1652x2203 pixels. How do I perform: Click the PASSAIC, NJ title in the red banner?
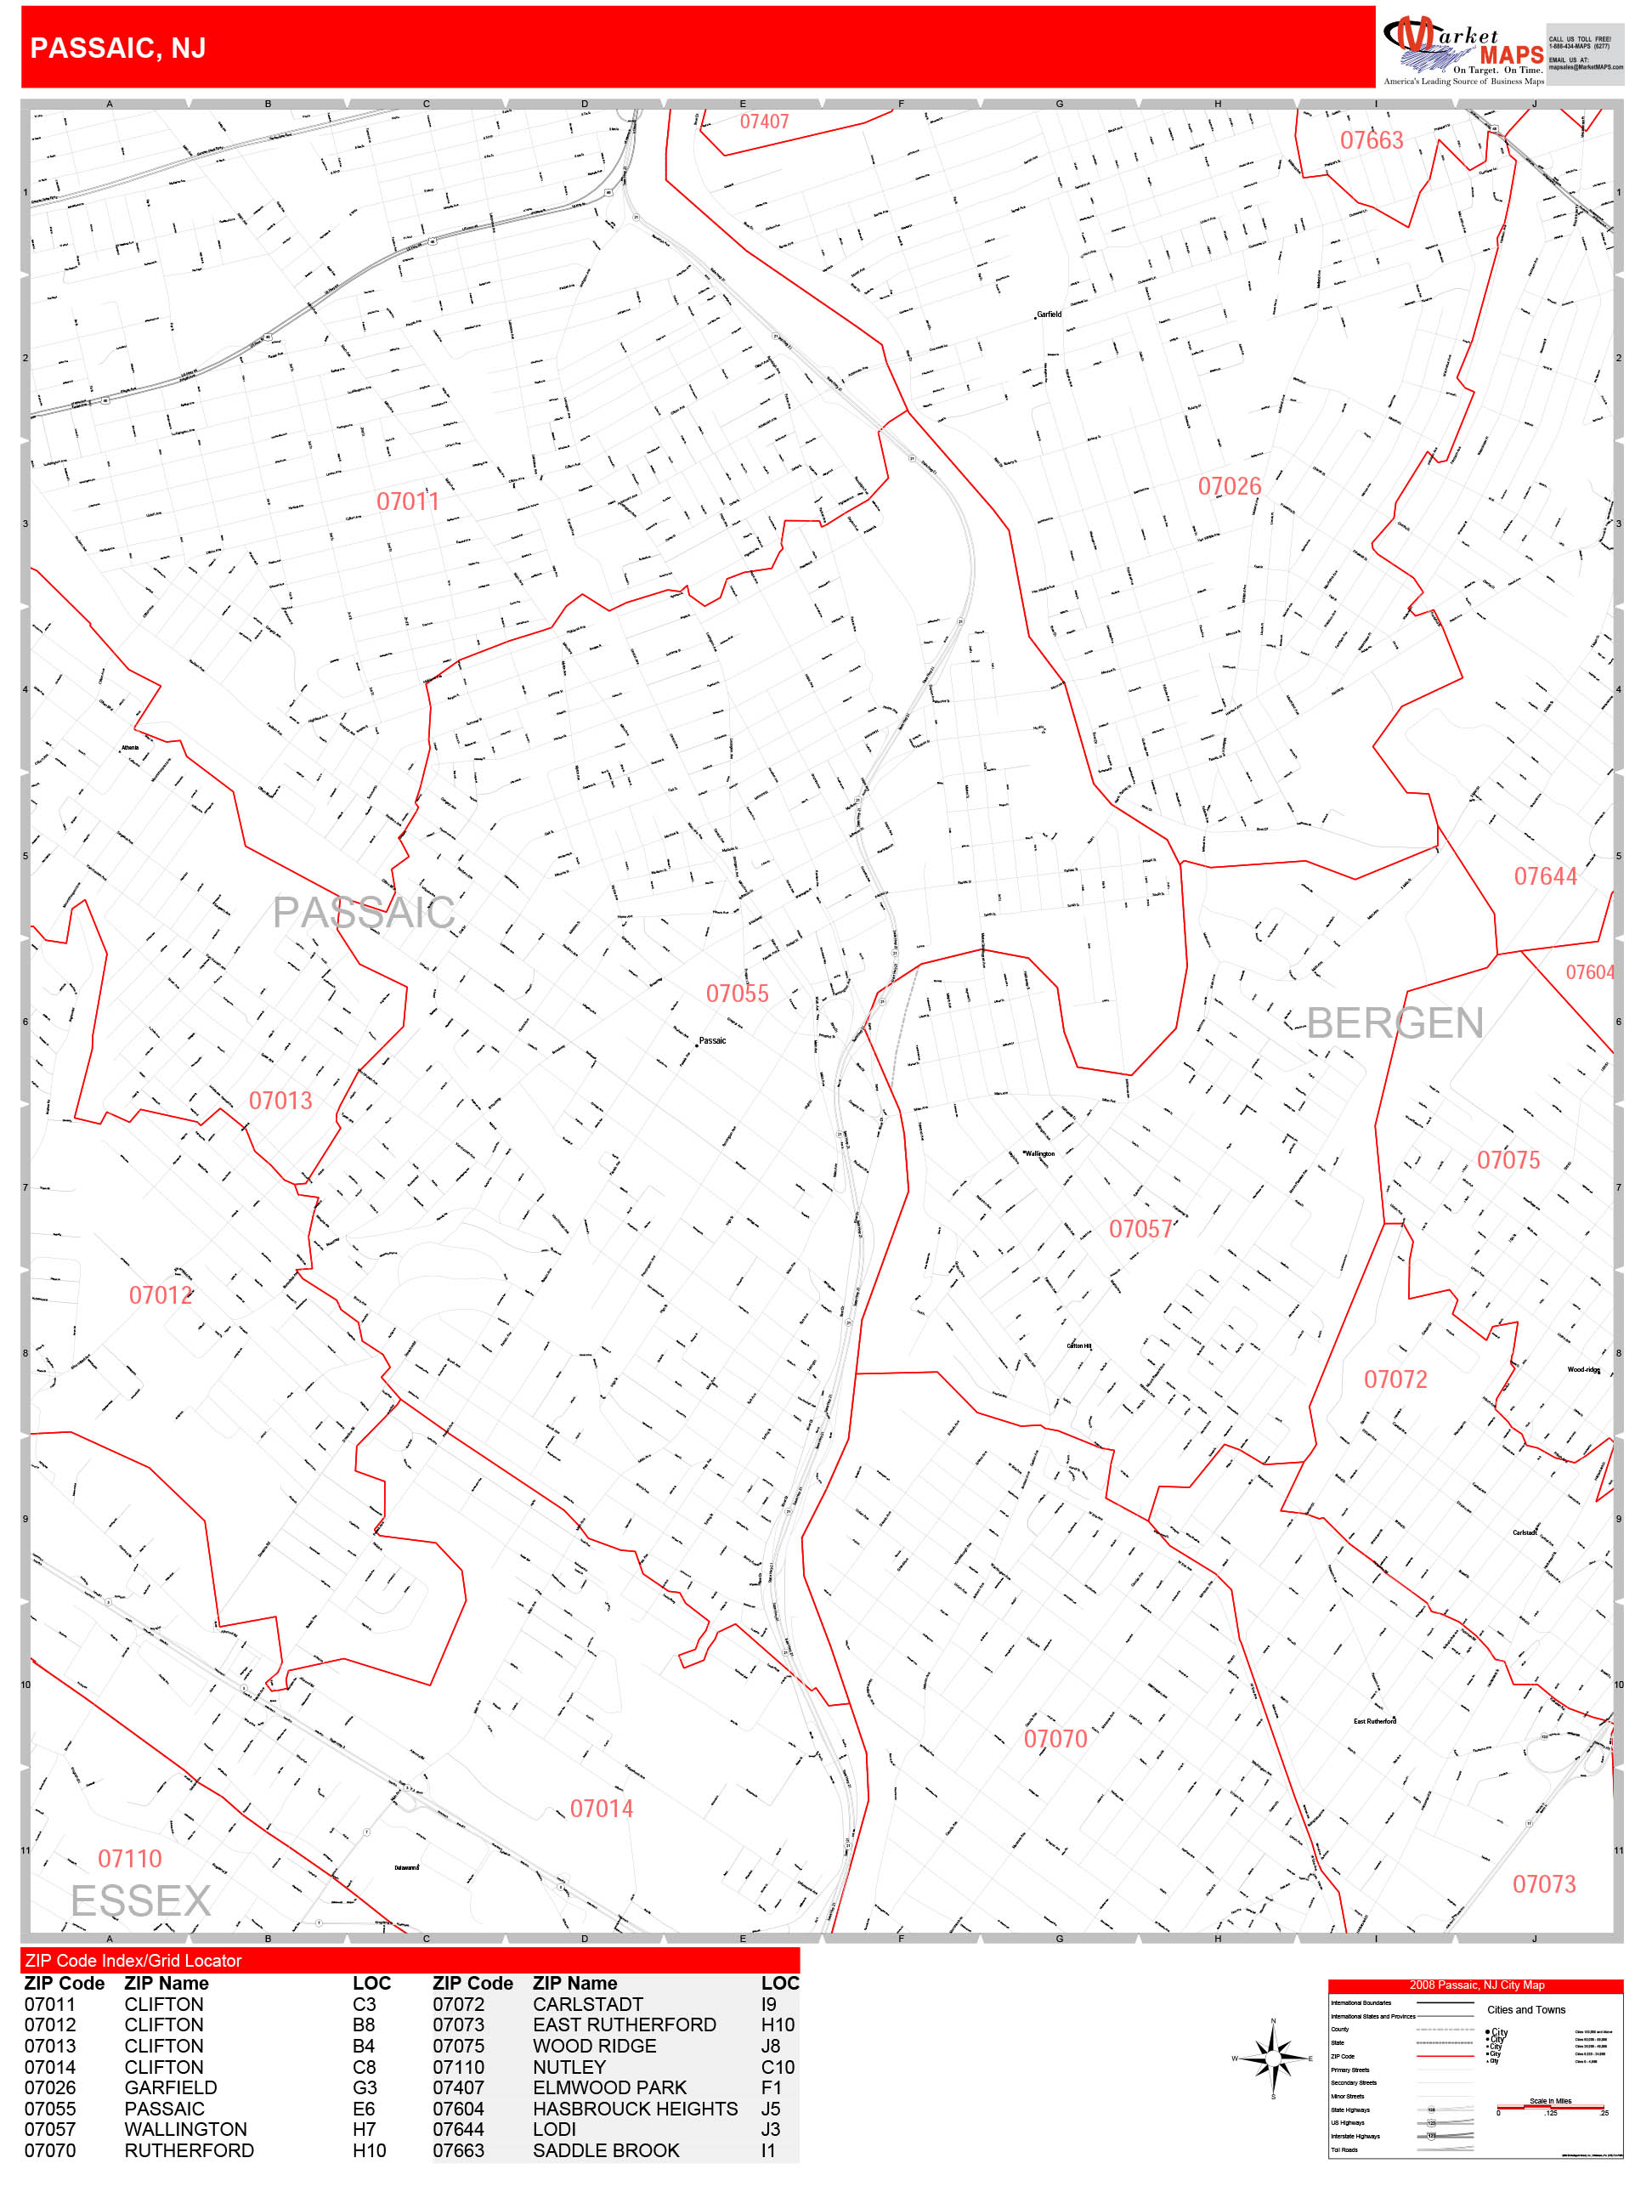pos(117,48)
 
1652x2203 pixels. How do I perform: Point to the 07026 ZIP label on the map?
pos(1229,486)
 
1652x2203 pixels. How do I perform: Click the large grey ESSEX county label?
pos(140,1900)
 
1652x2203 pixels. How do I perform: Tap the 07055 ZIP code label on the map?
pos(737,993)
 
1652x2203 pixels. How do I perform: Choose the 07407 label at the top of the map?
pos(764,122)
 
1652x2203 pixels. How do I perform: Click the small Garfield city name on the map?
pos(1049,314)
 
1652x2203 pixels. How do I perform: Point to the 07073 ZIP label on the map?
pos(1543,1883)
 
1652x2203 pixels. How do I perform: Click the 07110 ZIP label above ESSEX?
pos(129,1859)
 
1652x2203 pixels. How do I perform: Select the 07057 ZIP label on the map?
pos(1140,1229)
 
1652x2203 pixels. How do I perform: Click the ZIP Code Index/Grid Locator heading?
pos(133,1960)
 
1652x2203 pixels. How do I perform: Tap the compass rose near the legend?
pos(1273,2058)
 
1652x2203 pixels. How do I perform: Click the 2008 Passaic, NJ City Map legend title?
pos(1476,1985)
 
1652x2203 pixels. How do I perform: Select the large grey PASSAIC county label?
pos(364,912)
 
